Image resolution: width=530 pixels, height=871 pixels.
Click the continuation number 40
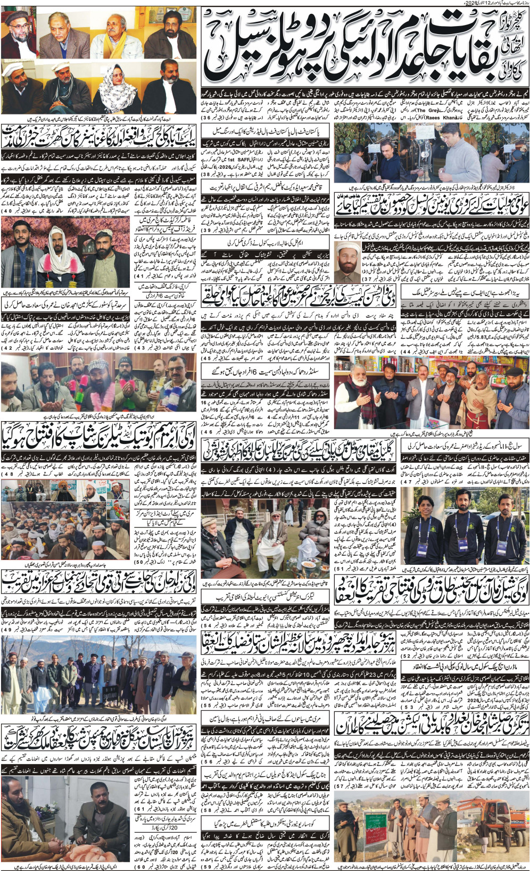(x=9, y=211)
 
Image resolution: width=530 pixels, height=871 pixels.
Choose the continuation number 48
(x=9, y=474)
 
